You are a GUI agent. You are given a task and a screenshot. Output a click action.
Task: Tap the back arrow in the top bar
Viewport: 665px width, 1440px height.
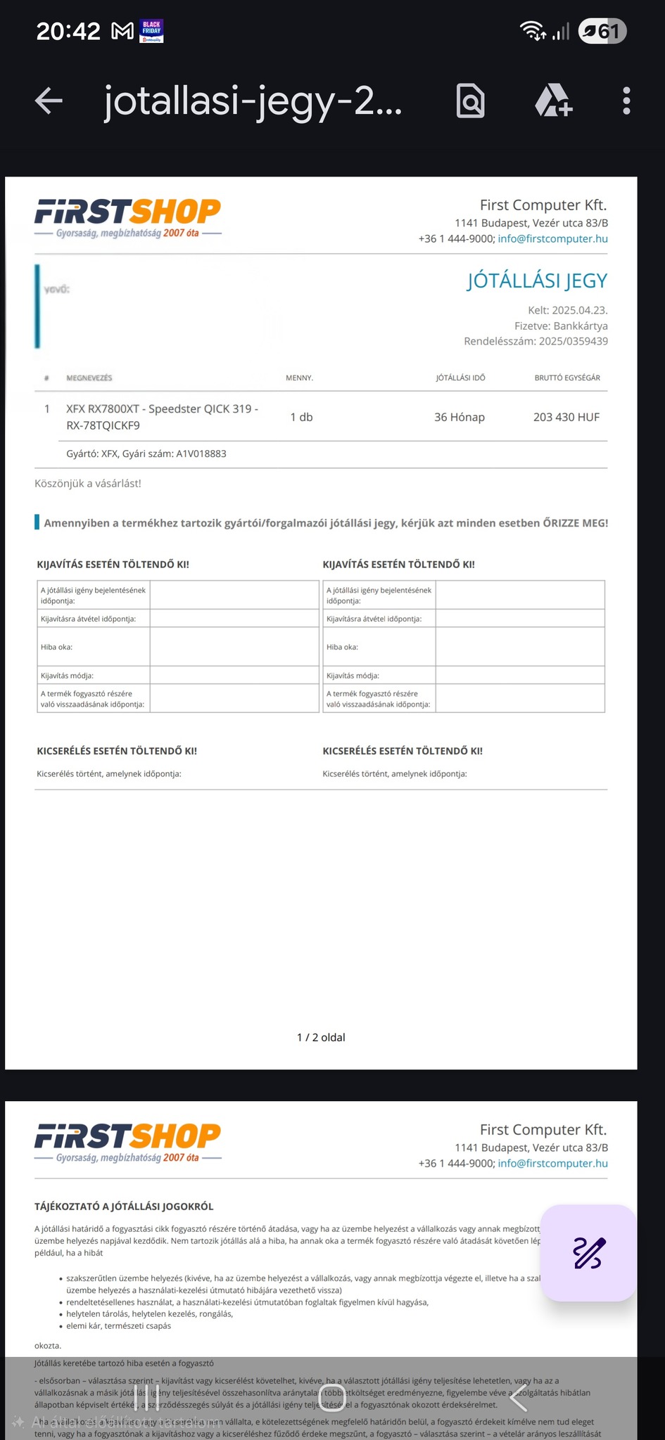49,101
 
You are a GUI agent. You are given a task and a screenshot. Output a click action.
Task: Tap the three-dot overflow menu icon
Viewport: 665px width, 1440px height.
626,101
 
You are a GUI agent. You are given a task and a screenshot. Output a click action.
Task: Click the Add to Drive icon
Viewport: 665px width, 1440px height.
553,101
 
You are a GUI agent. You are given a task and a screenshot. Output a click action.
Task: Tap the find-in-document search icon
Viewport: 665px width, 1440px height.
470,101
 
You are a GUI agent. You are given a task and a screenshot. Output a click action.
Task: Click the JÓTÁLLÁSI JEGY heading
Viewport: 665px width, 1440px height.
536,281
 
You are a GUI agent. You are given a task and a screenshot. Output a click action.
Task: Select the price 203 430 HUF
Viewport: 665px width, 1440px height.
566,417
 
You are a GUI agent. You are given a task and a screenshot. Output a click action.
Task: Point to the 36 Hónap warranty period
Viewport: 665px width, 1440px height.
459,417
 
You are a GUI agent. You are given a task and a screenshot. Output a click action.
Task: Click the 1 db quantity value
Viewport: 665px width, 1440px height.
301,417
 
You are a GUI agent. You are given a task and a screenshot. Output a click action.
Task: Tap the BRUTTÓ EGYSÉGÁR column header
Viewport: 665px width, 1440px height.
567,378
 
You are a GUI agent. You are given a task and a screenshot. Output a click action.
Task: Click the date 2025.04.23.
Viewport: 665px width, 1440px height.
579,310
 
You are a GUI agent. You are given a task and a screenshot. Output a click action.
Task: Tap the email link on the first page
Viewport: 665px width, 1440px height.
552,238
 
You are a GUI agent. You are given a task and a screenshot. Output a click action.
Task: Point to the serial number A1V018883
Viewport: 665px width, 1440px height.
201,454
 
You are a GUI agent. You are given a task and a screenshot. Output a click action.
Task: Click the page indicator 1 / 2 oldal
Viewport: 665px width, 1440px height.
321,1037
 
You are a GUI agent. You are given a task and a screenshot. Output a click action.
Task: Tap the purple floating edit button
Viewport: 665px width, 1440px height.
588,1252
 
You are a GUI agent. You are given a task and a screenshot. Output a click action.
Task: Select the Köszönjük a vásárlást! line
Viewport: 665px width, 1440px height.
88,483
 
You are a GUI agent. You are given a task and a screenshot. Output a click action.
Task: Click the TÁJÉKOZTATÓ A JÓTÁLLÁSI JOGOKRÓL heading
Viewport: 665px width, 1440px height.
124,1207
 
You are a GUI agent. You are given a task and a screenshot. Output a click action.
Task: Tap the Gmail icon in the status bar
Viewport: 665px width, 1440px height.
122,31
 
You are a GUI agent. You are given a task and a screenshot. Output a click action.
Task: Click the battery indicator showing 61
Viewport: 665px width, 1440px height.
602,31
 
